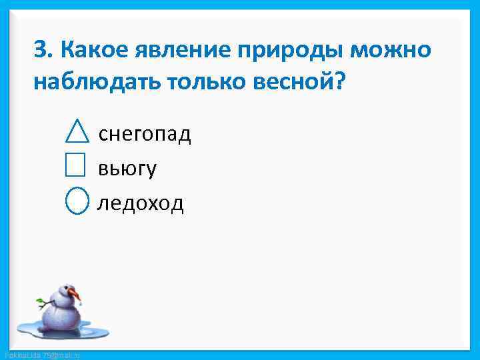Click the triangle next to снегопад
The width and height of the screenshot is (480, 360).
pos(78,132)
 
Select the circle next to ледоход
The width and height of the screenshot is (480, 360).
pos(77,201)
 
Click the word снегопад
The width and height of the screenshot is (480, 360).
pos(145,135)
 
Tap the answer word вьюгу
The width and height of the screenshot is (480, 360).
pos(127,169)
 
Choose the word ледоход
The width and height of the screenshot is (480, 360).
pos(141,203)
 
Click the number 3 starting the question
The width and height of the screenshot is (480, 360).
pos(41,49)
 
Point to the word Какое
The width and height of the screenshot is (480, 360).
pos(93,49)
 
